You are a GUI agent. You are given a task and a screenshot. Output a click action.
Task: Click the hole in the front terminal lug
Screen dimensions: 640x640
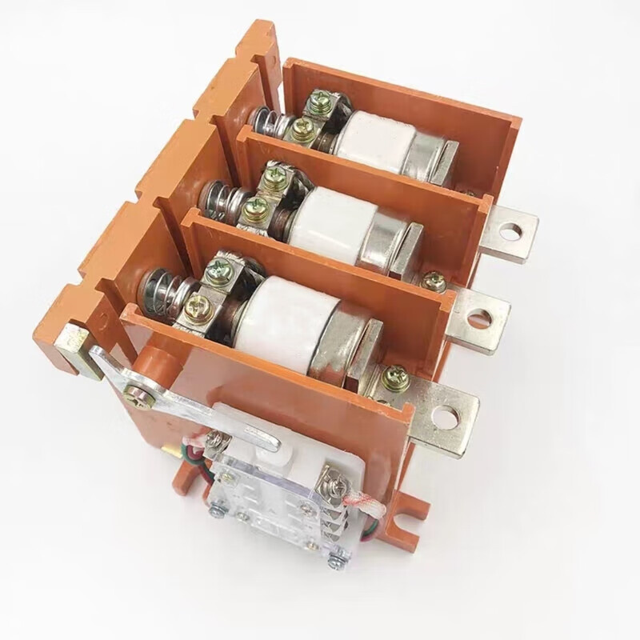coord(444,417)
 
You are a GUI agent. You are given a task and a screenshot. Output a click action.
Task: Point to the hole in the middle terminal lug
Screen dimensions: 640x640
coord(478,319)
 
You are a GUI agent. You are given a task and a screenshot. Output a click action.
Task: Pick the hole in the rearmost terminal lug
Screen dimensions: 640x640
coord(506,232)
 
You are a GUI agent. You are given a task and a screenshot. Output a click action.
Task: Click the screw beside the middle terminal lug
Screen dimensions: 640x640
coord(434,281)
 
